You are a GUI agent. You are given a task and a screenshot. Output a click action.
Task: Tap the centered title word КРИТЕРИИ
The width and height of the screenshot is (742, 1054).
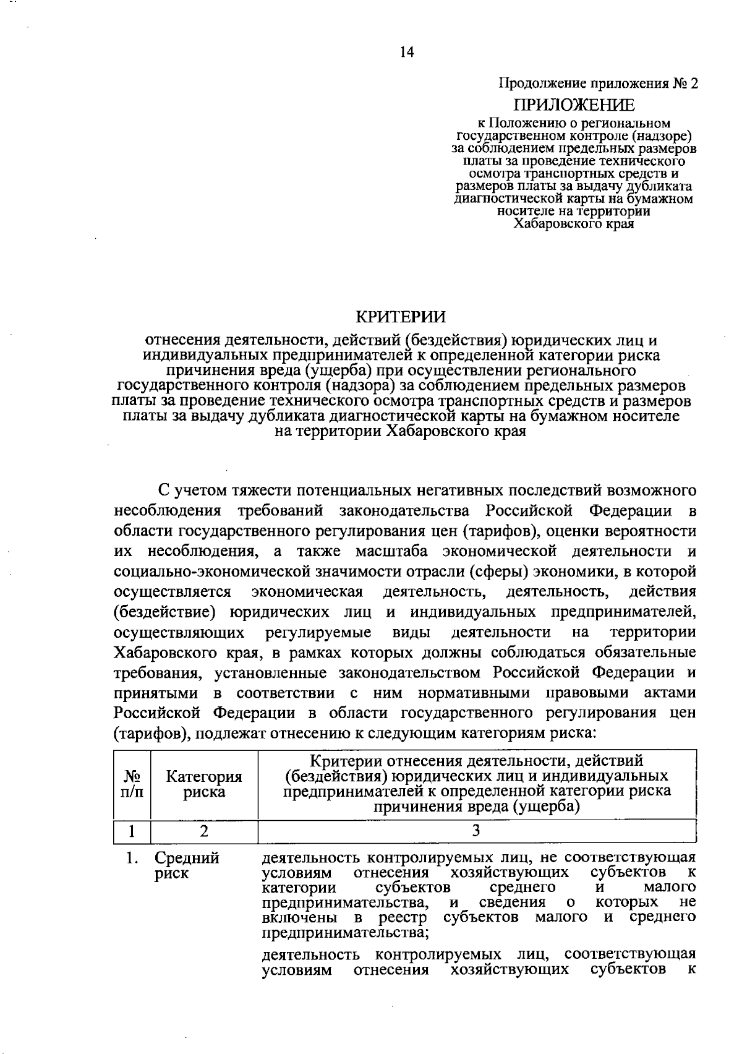(x=401, y=317)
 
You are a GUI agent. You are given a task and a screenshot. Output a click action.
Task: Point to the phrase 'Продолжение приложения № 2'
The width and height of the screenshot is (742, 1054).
(x=598, y=84)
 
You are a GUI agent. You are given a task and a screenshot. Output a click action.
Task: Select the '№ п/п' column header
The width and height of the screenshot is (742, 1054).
(x=132, y=784)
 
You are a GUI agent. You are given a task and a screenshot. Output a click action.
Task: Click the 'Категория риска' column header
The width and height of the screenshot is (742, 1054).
(x=204, y=784)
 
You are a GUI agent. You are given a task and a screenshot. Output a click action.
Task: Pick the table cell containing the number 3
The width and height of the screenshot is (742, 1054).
(x=476, y=831)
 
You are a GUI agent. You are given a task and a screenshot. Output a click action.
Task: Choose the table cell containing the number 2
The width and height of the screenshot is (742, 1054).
(x=203, y=831)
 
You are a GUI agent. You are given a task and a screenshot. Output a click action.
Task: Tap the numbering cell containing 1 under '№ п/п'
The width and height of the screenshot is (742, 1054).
(x=132, y=831)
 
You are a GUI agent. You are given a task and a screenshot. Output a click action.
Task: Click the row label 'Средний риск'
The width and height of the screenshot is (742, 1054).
(x=187, y=866)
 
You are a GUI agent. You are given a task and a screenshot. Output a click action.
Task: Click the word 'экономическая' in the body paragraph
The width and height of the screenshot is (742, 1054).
(x=307, y=592)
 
